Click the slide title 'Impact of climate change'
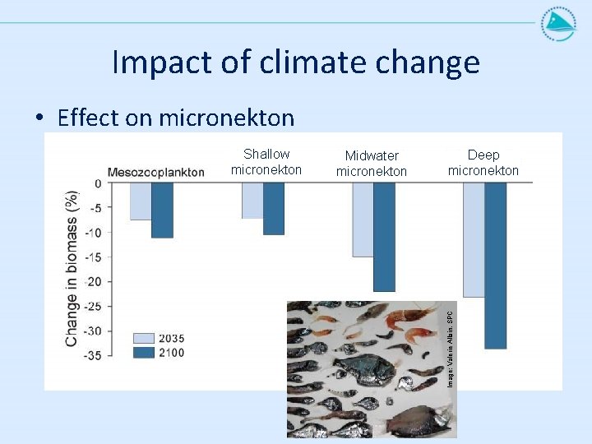[x=295, y=62]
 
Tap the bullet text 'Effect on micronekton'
[x=175, y=118]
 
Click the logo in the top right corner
[x=558, y=24]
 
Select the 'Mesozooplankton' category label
[x=156, y=173]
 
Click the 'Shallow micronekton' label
[x=266, y=162]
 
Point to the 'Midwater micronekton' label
[x=372, y=164]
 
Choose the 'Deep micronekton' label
[x=483, y=163]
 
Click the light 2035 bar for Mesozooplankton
[x=141, y=201]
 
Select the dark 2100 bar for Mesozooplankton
[x=162, y=210]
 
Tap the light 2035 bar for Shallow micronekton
[x=252, y=201]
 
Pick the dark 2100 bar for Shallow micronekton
[x=273, y=209]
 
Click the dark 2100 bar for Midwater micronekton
[x=384, y=237]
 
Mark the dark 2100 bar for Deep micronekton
[x=495, y=265]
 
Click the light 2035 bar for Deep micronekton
[x=474, y=239]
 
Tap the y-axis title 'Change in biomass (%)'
[x=72, y=269]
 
